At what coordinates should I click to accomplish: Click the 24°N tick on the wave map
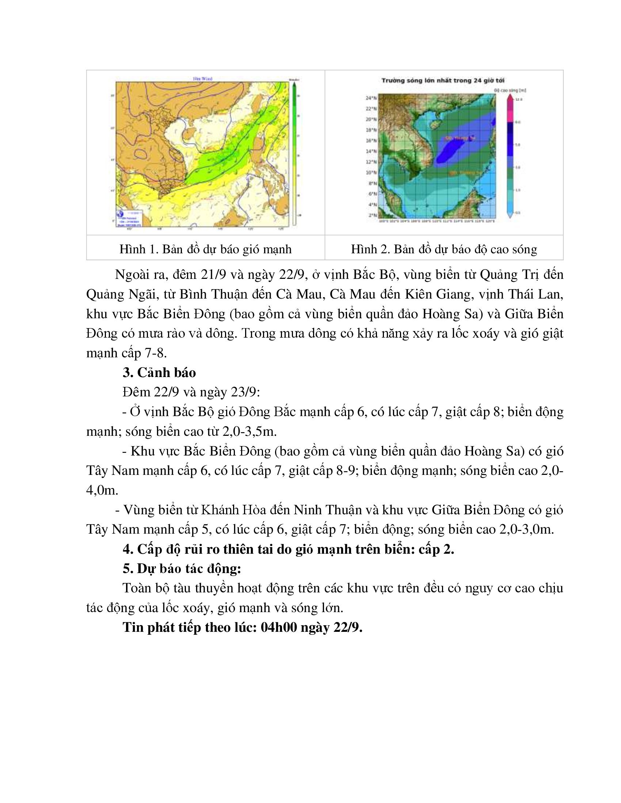click(372, 98)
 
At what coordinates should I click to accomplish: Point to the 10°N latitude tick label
click(372, 172)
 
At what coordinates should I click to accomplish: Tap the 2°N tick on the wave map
click(373, 215)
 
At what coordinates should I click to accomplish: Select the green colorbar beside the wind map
click(294, 154)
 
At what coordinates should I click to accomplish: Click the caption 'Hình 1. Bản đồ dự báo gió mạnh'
click(205, 249)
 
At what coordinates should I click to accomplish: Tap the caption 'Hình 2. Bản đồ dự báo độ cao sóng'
click(444, 249)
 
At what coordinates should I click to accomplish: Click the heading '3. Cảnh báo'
click(159, 372)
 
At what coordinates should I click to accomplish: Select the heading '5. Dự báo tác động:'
click(182, 568)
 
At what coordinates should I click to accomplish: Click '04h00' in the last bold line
click(278, 627)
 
